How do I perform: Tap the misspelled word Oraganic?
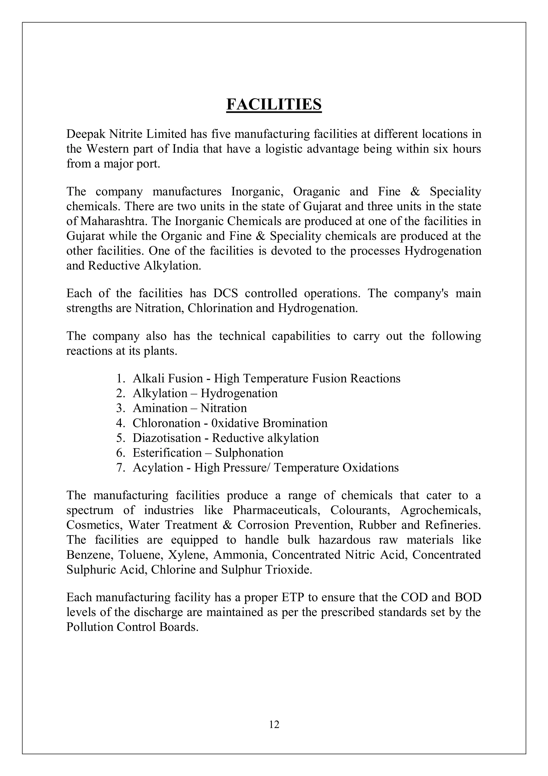(x=316, y=192)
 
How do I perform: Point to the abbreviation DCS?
(x=225, y=293)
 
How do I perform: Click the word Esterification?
(x=167, y=453)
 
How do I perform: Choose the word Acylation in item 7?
(x=158, y=468)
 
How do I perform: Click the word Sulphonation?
(x=249, y=453)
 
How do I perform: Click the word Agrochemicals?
(x=440, y=510)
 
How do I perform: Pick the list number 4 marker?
(x=120, y=423)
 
